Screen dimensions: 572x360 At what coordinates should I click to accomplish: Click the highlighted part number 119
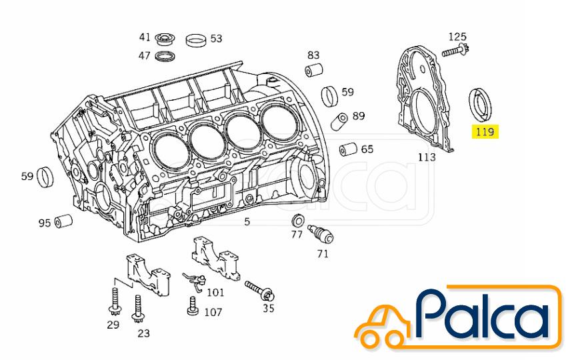[x=485, y=132]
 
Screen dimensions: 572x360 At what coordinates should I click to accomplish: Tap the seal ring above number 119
[x=480, y=104]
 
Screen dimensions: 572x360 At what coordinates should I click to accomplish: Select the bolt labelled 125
[x=455, y=51]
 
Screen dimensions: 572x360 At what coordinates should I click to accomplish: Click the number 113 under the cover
[x=427, y=157]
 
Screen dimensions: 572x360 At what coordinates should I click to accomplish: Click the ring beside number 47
[x=165, y=57]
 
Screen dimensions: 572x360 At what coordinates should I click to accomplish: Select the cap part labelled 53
[x=196, y=40]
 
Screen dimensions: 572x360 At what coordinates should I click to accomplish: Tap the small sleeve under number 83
[x=314, y=70]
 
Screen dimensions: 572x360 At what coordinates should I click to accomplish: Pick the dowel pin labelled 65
[x=349, y=149]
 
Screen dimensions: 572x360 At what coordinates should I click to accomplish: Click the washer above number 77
[x=298, y=221]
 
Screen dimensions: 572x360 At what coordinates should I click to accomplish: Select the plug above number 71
[x=320, y=234]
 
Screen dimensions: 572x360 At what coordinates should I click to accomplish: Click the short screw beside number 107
[x=192, y=305]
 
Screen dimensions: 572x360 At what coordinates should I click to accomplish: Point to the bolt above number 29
[x=115, y=301]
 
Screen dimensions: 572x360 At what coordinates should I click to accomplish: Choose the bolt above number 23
[x=137, y=309]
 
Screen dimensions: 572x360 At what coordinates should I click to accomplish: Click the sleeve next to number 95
[x=63, y=221]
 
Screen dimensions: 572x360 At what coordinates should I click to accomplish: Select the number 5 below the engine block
[x=247, y=221]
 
